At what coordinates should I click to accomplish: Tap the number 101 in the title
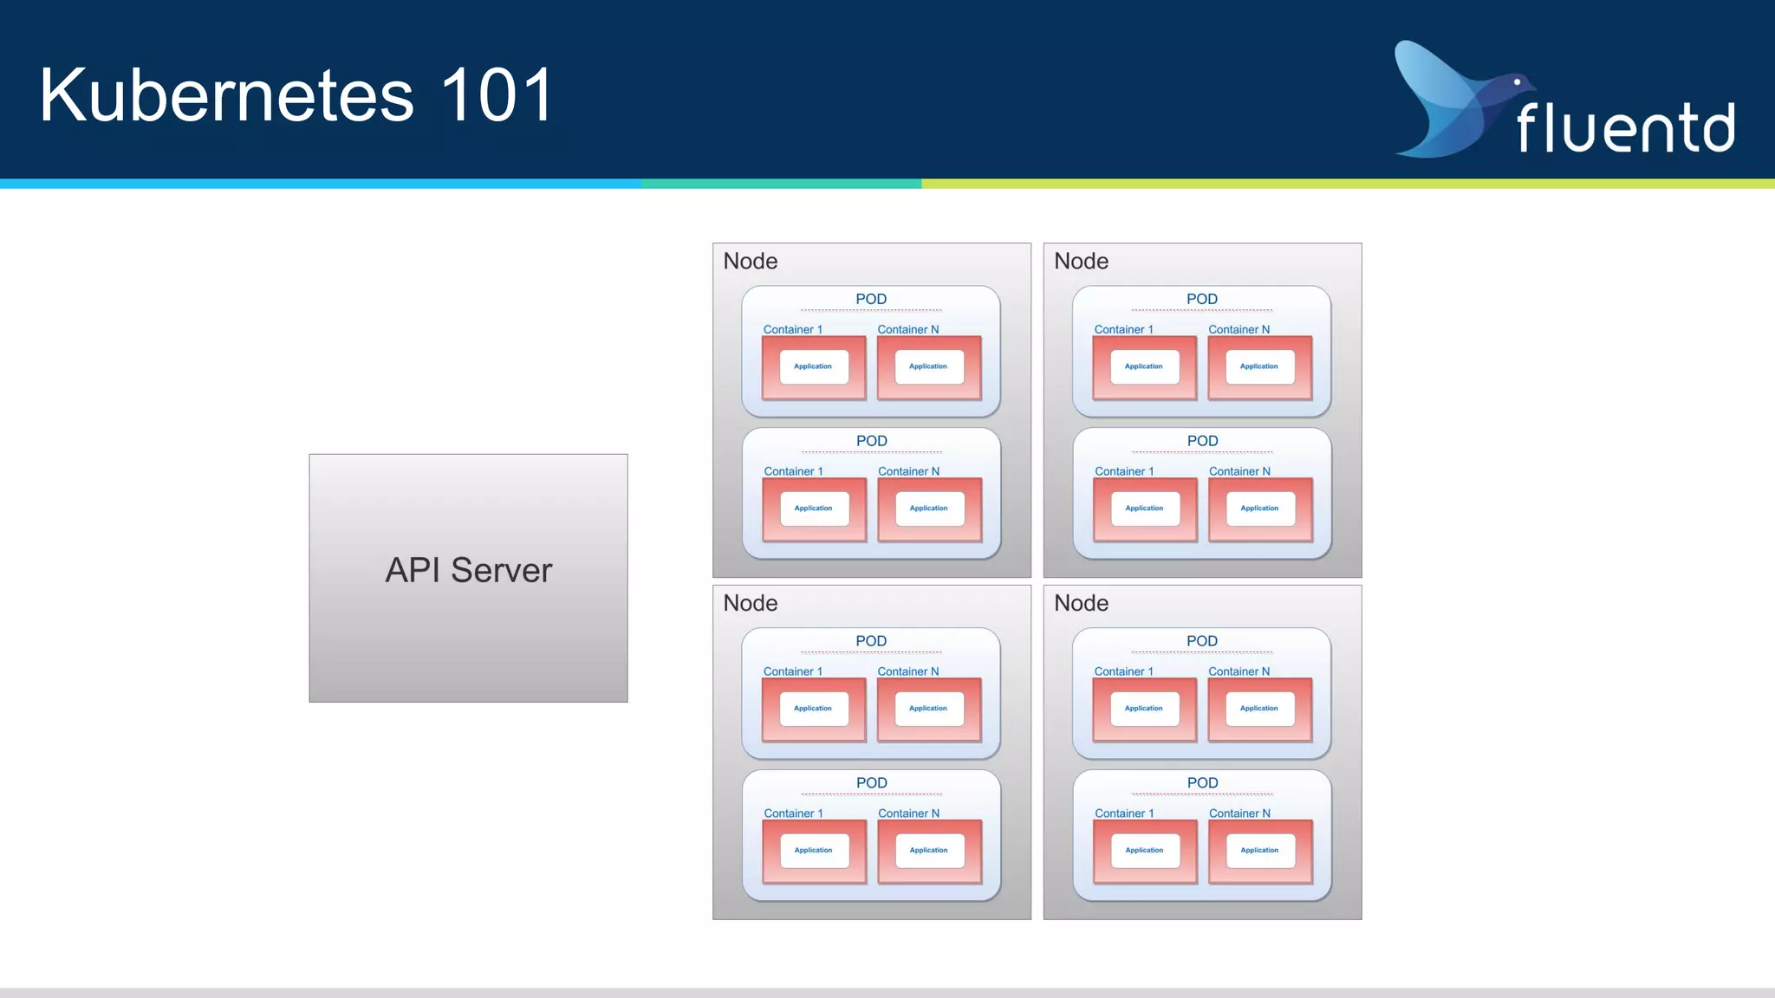497,95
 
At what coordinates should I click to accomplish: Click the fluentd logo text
1625,128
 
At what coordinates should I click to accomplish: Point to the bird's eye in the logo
1517,82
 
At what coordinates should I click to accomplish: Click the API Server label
468,570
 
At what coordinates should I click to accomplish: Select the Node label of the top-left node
750,261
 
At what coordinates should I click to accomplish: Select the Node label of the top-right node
1081,261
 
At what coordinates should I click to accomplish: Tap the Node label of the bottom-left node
750,603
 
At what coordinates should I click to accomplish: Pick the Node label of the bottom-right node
1081,603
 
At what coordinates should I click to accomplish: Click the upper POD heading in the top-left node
871,299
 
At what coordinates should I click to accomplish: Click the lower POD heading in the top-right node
1202,441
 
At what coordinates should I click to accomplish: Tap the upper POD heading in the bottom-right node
1202,641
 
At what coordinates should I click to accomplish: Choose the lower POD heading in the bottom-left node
871,783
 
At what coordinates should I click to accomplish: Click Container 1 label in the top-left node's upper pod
792,329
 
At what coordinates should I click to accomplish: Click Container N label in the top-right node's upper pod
1239,329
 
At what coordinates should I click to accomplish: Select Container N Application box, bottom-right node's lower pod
1259,850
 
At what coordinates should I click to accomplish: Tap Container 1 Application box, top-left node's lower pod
813,509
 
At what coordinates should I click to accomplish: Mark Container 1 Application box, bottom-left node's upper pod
813,709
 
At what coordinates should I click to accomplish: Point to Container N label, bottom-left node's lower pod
908,813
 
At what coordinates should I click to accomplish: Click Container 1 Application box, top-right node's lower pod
1144,509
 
